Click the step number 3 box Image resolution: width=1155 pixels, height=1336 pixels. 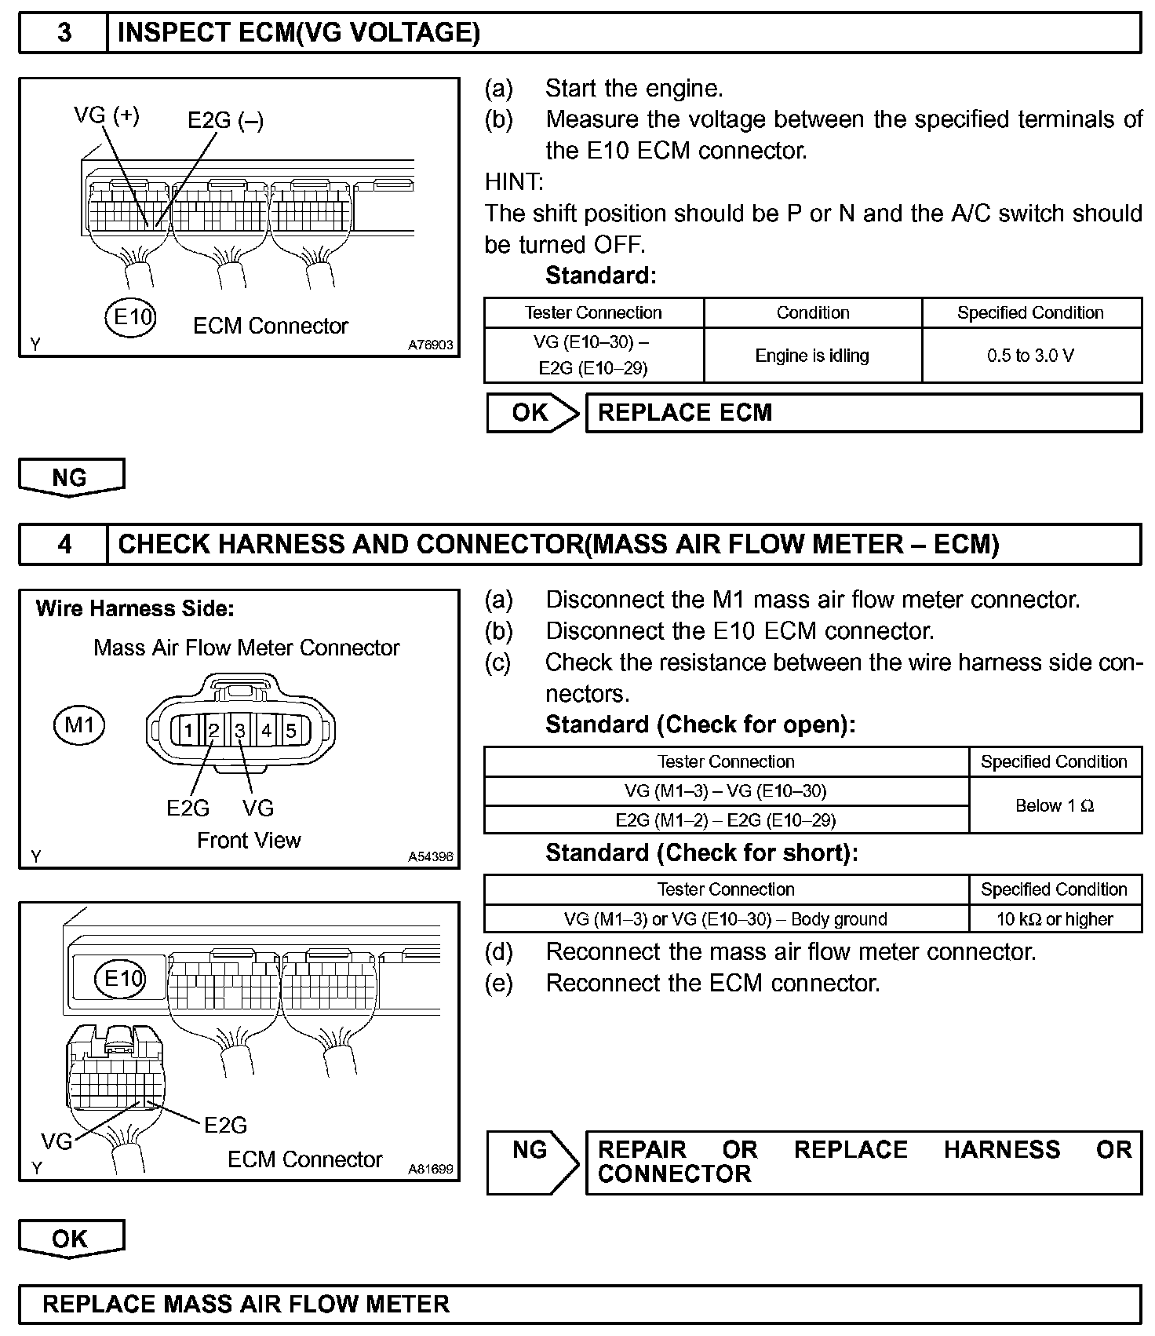[64, 33]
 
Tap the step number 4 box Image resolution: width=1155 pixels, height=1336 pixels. [64, 544]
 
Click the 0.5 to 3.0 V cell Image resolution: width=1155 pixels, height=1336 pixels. [1031, 356]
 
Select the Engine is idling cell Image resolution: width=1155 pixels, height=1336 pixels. [812, 356]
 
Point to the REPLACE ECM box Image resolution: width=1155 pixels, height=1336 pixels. [863, 413]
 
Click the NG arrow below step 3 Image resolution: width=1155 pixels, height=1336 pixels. [71, 477]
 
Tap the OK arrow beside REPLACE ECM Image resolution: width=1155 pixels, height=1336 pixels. [532, 413]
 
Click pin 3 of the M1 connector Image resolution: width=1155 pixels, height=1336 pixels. [240, 731]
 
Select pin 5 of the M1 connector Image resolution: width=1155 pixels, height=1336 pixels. [291, 731]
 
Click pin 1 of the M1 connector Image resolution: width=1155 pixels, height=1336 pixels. [188, 731]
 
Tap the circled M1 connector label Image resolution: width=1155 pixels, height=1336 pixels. [79, 725]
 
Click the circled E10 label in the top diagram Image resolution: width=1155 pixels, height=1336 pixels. [131, 317]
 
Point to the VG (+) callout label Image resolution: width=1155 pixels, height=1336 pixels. [107, 115]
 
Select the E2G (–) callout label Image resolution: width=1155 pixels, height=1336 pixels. [225, 120]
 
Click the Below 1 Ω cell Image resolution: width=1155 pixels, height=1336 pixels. [1055, 805]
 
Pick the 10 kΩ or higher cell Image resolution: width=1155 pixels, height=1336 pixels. [1055, 918]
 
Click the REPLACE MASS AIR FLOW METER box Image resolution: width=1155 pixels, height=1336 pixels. [579, 1305]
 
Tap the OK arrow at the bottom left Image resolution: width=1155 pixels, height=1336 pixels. [71, 1239]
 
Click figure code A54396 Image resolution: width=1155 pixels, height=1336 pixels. [430, 857]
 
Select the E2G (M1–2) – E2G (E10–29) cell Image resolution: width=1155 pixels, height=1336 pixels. [726, 820]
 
